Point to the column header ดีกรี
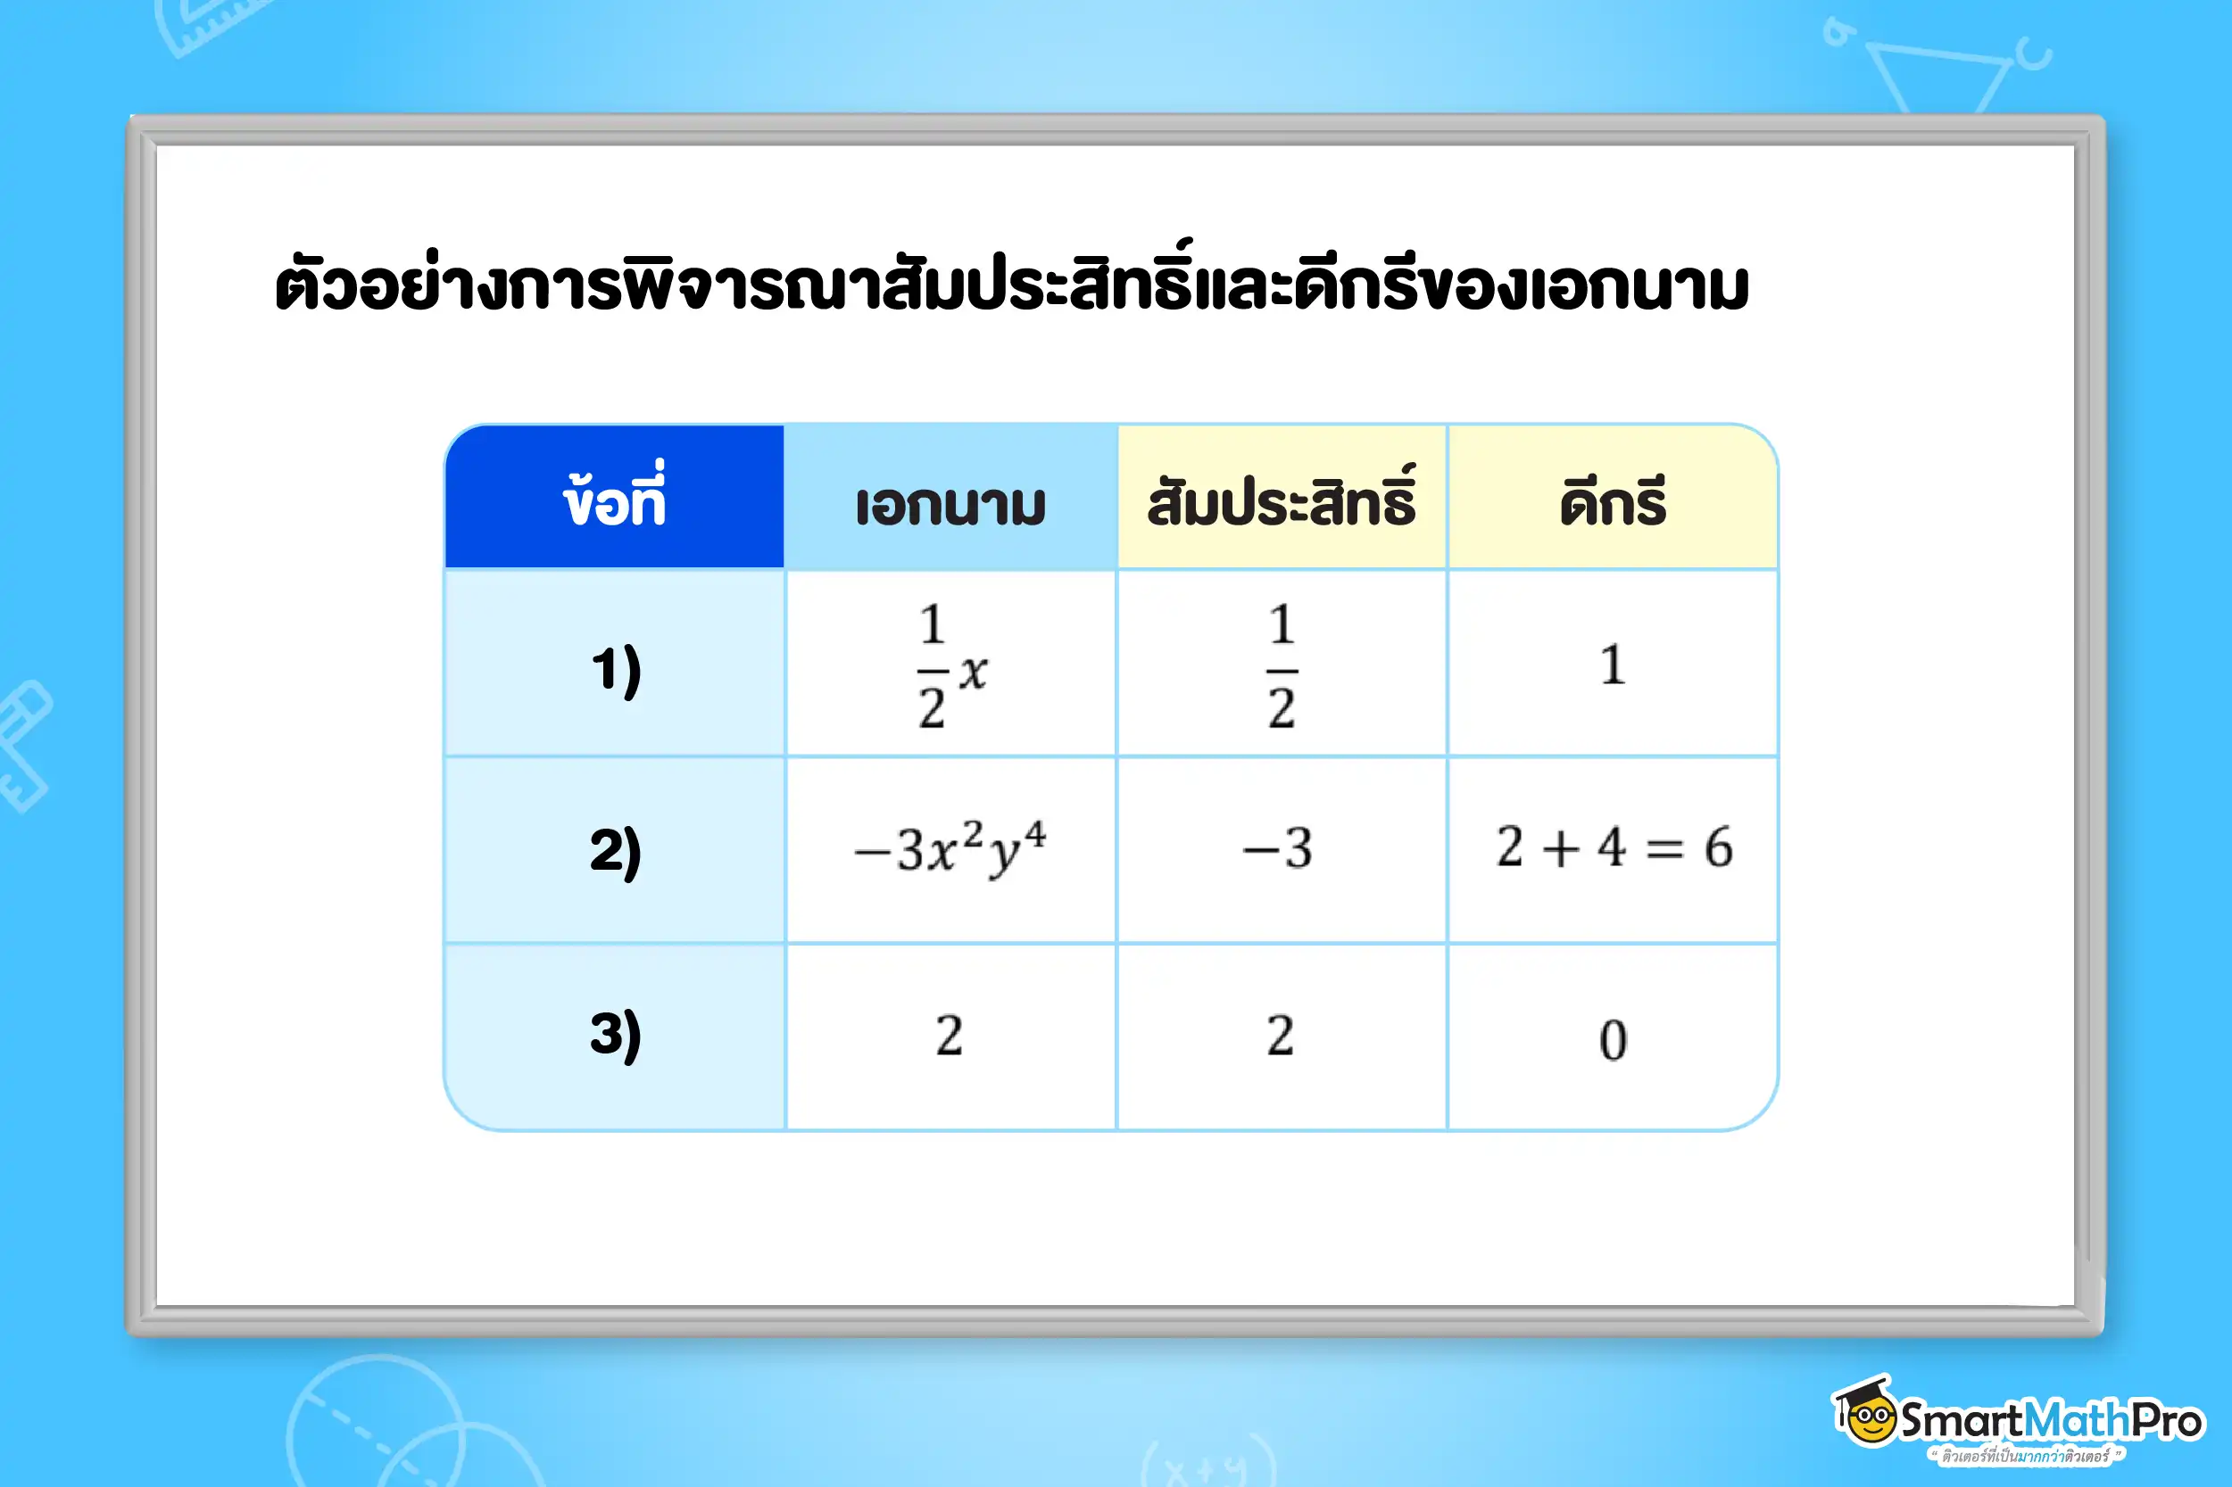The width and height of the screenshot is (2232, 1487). [x=1613, y=502]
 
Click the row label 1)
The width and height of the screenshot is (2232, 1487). [x=616, y=669]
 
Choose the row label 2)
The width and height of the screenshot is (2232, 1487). [x=616, y=850]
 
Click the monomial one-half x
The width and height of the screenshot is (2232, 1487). [x=951, y=665]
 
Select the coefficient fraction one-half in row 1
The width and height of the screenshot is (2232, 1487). [x=1282, y=665]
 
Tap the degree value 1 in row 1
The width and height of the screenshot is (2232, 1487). [x=1613, y=664]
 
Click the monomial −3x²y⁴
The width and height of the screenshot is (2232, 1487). [x=950, y=847]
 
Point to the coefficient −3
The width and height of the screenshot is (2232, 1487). [x=1279, y=847]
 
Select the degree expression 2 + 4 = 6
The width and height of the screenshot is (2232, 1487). [x=1614, y=847]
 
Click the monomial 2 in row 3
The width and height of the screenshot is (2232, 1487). [x=950, y=1035]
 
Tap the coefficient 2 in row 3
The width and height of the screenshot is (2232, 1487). [x=1281, y=1035]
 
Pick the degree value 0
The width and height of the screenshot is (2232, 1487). [x=1613, y=1039]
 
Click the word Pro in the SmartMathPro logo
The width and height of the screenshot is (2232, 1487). [x=2167, y=1421]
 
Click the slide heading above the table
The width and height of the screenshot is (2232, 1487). [x=1011, y=285]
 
